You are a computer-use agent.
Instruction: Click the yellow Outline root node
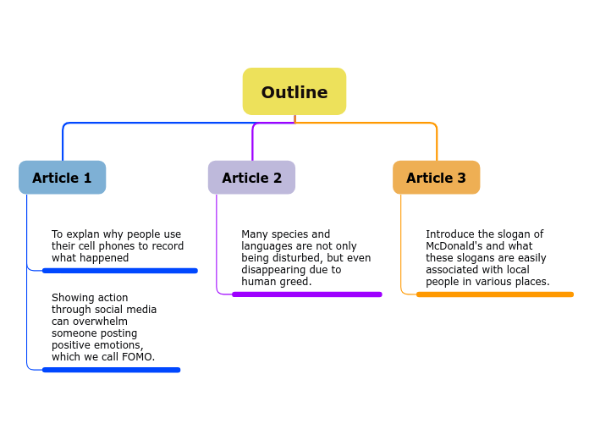click(294, 91)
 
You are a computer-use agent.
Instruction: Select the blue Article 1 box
click(62, 178)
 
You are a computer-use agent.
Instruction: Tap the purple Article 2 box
click(251, 178)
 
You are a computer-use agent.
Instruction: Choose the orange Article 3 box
click(436, 178)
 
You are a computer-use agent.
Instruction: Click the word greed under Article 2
click(294, 282)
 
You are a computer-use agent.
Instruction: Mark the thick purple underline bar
click(306, 294)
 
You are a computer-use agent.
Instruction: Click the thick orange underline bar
click(494, 294)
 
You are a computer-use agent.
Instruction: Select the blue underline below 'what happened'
click(119, 271)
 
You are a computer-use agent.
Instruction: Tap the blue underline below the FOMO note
click(111, 370)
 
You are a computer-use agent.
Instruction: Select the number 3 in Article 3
click(461, 178)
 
